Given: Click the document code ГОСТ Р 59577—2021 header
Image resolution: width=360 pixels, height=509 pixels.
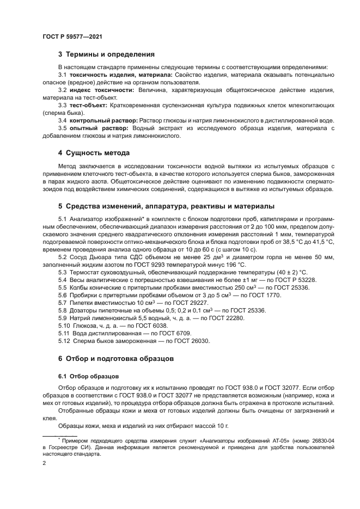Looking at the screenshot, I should (x=72, y=36).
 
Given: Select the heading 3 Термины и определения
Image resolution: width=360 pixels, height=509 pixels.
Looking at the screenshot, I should (x=106, y=54).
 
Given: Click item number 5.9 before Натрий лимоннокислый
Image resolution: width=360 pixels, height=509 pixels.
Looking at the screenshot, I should (x=62, y=317).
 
